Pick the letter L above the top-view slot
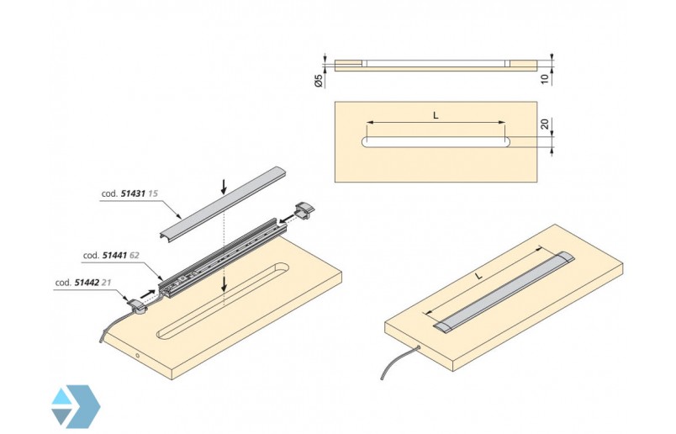[x=436, y=116]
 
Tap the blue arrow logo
[x=74, y=405]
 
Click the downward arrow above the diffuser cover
[x=222, y=185]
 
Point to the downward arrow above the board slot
[x=224, y=285]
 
